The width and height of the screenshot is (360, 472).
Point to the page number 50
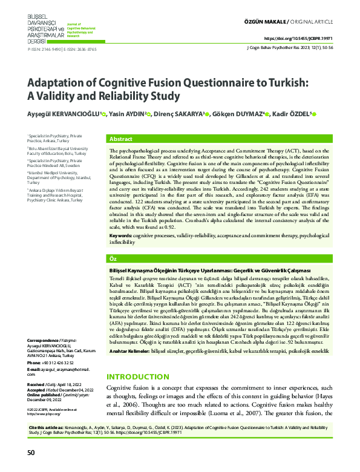(31, 452)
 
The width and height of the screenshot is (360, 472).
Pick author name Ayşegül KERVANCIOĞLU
(65, 115)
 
